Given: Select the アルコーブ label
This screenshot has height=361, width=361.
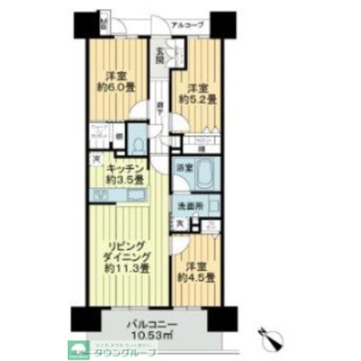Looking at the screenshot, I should pyautogui.click(x=187, y=24).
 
